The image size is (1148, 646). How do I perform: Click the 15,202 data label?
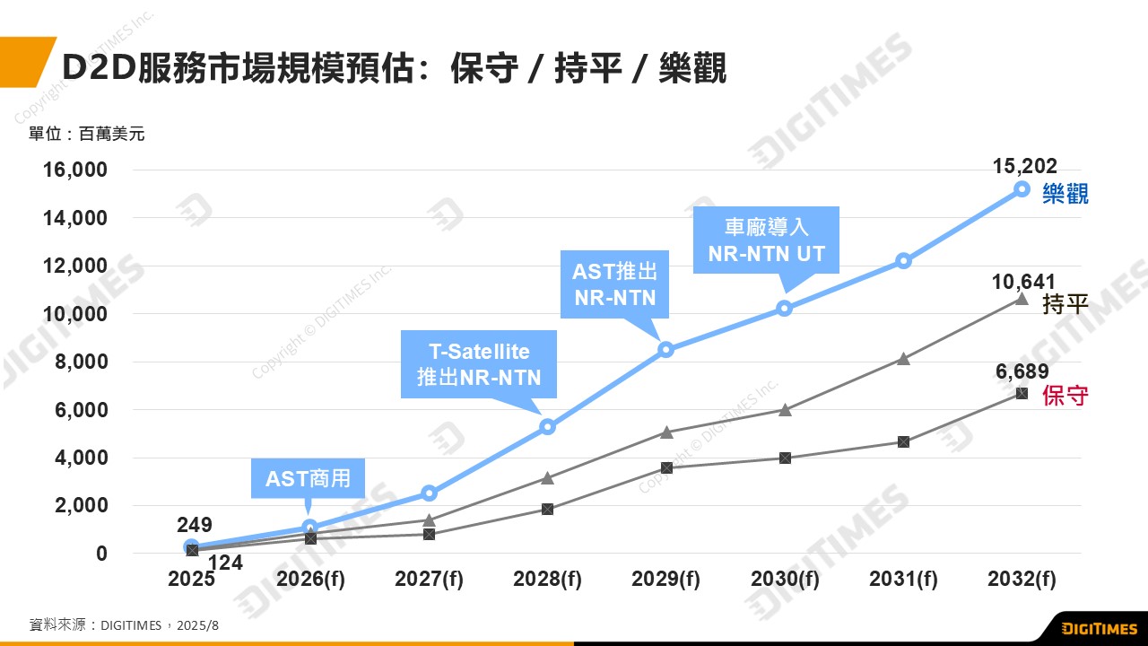(1025, 166)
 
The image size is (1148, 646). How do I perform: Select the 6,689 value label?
(1022, 372)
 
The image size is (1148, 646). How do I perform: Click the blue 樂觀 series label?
(1065, 194)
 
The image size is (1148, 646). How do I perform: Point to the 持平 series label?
(1065, 304)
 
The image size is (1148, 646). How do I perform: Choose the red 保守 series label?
(1065, 396)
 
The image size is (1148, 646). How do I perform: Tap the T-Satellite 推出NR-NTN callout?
(479, 363)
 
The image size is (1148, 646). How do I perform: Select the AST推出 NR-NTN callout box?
(614, 284)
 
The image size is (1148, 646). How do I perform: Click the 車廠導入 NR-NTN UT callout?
(766, 240)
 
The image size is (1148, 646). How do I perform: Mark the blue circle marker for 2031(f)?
(903, 261)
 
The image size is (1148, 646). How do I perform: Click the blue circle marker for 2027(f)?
(429, 493)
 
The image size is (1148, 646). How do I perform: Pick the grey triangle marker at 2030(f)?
(785, 410)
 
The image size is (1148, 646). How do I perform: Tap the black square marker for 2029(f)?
(666, 467)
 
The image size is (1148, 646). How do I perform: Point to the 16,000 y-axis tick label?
(75, 170)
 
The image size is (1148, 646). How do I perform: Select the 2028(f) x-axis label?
(547, 580)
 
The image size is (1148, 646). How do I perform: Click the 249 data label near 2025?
(195, 526)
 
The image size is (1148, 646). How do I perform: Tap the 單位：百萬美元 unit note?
(86, 135)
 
